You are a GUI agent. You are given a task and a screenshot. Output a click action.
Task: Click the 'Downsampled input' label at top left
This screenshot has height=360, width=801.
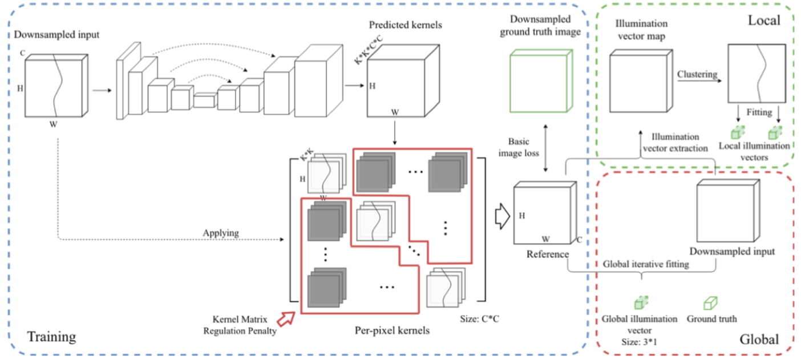tap(57, 35)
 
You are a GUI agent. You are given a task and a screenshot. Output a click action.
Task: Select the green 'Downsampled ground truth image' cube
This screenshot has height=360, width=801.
tap(540, 80)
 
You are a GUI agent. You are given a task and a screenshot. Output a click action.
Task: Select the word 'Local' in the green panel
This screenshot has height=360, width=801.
tap(764, 21)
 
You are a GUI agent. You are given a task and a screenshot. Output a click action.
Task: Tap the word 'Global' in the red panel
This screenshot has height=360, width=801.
tap(759, 339)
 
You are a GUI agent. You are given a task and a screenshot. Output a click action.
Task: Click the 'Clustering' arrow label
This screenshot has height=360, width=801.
tap(697, 75)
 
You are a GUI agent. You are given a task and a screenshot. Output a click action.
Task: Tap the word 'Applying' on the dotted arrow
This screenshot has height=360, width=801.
tap(221, 233)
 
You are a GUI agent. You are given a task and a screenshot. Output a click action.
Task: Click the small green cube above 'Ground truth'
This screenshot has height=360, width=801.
tap(711, 302)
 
